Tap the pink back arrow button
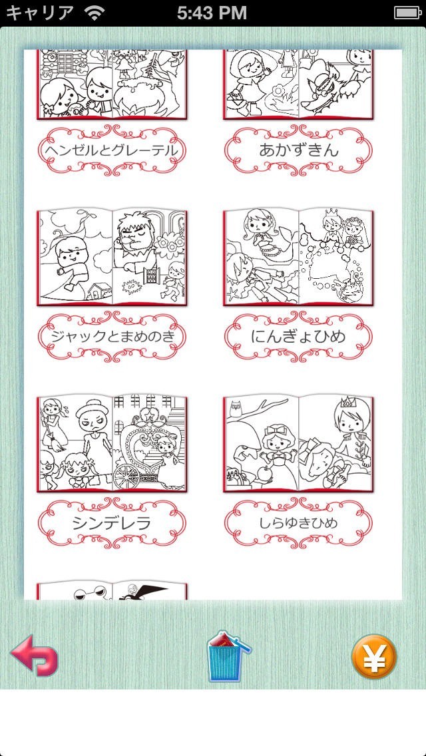34,656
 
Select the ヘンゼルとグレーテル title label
111,150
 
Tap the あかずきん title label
298,150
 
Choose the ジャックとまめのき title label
111,337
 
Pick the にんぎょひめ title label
298,337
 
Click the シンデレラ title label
111,523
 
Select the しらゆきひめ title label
298,523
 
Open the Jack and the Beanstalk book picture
111,258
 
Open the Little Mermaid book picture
298,258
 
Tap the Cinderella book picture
111,444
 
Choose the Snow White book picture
298,444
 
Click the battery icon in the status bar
408,13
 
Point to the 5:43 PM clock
212,13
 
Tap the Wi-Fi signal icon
94,13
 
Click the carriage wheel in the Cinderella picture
127,476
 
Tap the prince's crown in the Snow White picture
346,403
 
